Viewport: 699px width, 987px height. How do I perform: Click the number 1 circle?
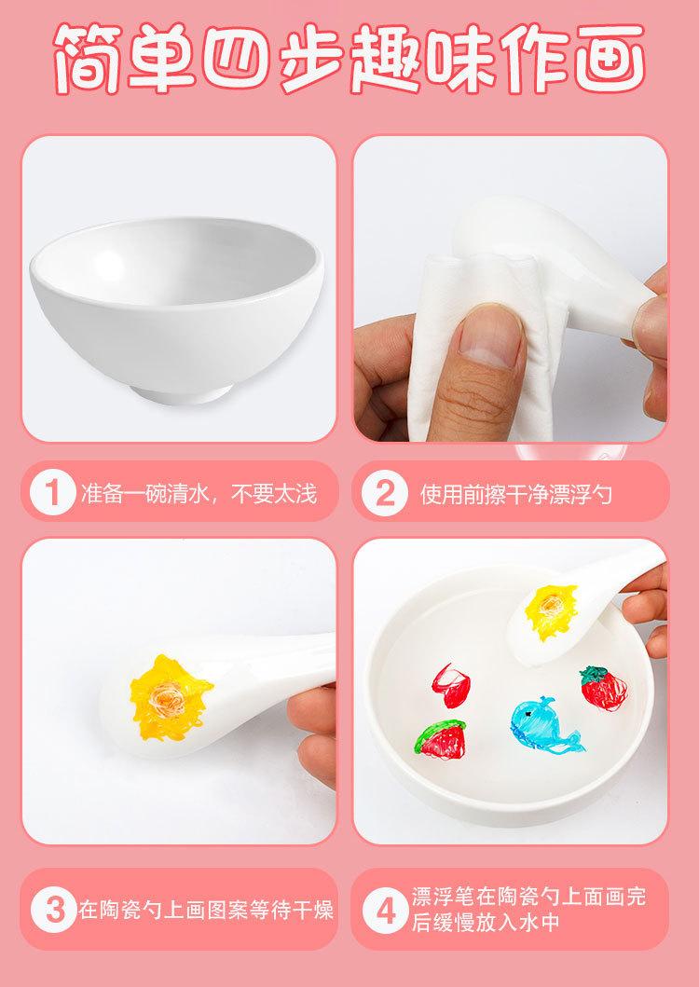point(53,493)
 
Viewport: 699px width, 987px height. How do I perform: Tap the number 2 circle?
point(383,493)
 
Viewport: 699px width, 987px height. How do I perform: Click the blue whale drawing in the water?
point(541,722)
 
